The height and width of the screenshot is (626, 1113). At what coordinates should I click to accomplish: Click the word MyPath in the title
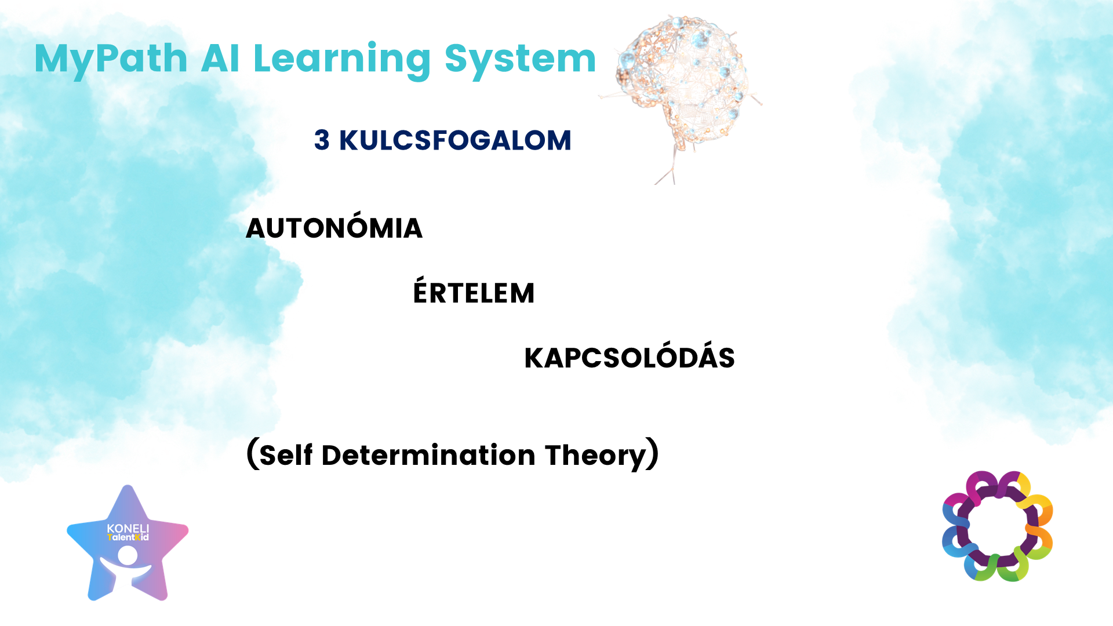[x=111, y=60]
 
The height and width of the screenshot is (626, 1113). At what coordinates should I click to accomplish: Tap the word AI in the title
[x=220, y=59]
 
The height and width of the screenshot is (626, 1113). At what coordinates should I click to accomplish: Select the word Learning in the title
[x=342, y=60]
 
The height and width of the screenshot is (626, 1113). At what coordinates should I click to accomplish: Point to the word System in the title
[x=520, y=60]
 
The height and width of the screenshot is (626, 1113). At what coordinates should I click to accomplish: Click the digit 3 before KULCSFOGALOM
[x=322, y=140]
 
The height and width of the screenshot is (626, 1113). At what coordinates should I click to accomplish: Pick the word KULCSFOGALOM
[x=455, y=140]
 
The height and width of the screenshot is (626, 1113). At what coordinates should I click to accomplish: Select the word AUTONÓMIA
[x=334, y=225]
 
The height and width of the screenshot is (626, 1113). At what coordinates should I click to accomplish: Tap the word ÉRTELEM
[x=474, y=290]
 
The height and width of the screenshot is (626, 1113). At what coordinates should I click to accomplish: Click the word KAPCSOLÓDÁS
[x=630, y=355]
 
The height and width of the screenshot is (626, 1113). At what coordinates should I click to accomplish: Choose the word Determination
[x=428, y=454]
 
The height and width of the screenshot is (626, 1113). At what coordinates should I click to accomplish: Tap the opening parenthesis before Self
[x=252, y=454]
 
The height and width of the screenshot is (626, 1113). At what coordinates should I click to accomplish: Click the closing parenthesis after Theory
[x=653, y=454]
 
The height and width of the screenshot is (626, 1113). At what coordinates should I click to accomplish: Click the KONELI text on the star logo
[x=128, y=528]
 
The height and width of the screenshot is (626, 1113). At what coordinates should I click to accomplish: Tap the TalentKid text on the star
[x=128, y=537]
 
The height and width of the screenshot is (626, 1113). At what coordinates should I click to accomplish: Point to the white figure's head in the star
[x=128, y=555]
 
